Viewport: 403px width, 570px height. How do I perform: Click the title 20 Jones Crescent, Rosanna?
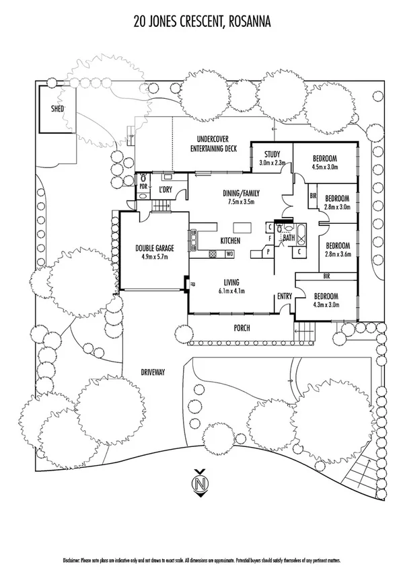[x=203, y=22]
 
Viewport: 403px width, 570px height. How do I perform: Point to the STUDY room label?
[x=272, y=154]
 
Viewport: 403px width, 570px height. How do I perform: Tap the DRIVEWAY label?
[x=153, y=372]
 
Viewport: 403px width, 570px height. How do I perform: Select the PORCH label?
[x=241, y=328]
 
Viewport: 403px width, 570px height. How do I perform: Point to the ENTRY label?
[x=285, y=295]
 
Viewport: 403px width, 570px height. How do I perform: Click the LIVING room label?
[x=231, y=282]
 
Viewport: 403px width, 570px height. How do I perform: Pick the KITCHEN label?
[x=231, y=241]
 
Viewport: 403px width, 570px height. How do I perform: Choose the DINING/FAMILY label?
[x=241, y=193]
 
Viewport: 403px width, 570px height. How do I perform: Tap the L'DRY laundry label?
[x=166, y=190]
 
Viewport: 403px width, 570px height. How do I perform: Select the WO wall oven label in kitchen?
[x=229, y=253]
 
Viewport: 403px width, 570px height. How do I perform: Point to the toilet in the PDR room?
[x=142, y=190]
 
